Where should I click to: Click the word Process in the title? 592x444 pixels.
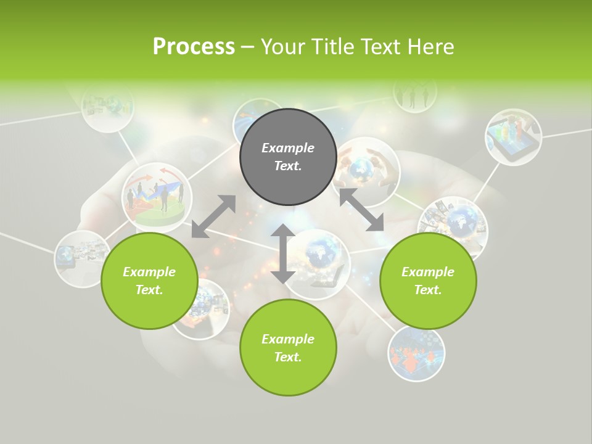pyautogui.click(x=194, y=47)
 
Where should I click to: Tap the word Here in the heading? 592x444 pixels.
pyautogui.click(x=431, y=47)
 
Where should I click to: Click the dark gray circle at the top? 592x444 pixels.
pyautogui.click(x=288, y=157)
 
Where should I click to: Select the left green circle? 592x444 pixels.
pyautogui.click(x=149, y=281)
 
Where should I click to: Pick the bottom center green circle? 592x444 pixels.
pyautogui.click(x=288, y=347)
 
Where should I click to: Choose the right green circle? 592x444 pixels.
pyautogui.click(x=428, y=281)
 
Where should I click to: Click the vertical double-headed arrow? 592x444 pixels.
pyautogui.click(x=283, y=253)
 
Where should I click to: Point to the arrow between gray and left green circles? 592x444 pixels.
pyautogui.click(x=213, y=216)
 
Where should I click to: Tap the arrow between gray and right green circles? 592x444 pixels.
pyautogui.click(x=361, y=210)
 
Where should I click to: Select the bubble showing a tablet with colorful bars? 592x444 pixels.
pyautogui.click(x=513, y=137)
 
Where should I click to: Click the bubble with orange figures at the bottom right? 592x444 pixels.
pyautogui.click(x=416, y=354)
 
